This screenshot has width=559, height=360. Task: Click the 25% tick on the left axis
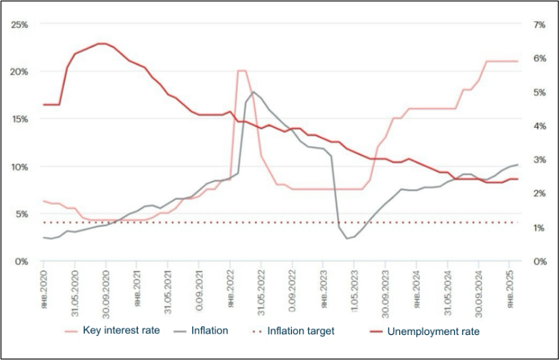[19, 24]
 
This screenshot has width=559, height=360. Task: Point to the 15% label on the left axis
[19, 119]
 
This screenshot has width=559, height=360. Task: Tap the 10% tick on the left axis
[19, 166]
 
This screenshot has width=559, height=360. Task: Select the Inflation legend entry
[208, 331]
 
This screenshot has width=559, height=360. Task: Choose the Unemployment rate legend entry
[433, 331]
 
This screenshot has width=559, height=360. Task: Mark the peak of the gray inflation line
[253, 91]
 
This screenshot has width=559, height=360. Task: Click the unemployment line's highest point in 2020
[101, 44]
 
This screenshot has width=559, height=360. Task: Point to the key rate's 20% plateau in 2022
[241, 71]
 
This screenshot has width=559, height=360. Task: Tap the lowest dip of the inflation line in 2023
[347, 238]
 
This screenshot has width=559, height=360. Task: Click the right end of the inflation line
[518, 165]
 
